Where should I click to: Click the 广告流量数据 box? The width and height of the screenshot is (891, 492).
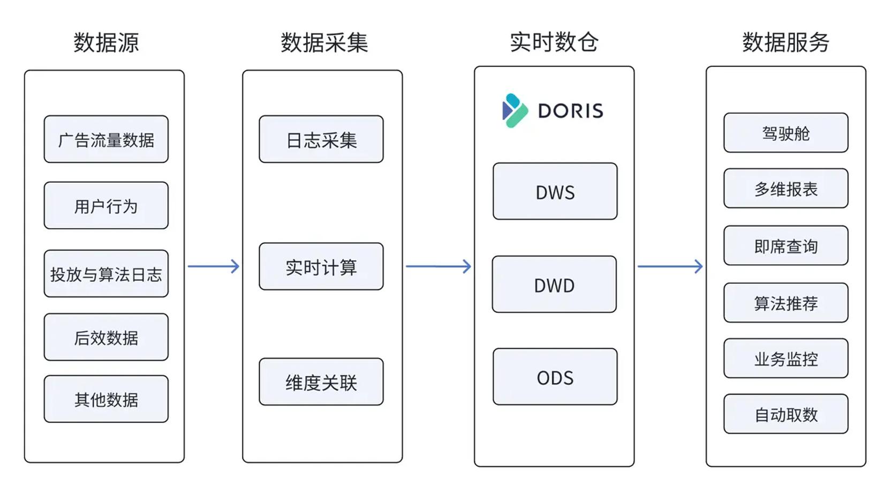[x=106, y=139]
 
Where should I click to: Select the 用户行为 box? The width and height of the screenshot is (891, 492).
[x=106, y=205]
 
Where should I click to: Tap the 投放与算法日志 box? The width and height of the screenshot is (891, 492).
[x=106, y=273]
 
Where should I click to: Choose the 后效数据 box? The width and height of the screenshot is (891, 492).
[x=106, y=337]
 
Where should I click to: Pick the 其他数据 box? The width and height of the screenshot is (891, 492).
[x=106, y=399]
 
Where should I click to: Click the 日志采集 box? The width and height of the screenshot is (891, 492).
[x=321, y=139]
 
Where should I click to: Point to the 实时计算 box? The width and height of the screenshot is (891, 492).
[x=321, y=266]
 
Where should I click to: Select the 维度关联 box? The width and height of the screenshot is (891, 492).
[x=321, y=382]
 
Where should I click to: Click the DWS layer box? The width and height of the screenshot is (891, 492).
[x=555, y=191]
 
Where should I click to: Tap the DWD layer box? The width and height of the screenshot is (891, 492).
[x=555, y=284]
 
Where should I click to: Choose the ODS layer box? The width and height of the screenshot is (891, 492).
[x=555, y=377]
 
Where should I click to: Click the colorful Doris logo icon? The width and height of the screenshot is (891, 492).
[x=515, y=110]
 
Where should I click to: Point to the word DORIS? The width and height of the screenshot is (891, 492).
[x=570, y=110]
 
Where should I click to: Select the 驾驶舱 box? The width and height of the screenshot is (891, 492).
[x=786, y=132]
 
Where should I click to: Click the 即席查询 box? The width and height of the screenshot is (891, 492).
[x=786, y=245]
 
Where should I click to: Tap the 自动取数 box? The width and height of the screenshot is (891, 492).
[x=786, y=414]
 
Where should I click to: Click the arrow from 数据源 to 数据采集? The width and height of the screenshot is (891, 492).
[x=214, y=266]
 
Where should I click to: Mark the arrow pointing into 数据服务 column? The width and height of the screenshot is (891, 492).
[x=670, y=266]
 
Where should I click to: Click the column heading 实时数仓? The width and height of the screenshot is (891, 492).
[x=554, y=42]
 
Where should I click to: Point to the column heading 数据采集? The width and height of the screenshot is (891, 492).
[x=324, y=42]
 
